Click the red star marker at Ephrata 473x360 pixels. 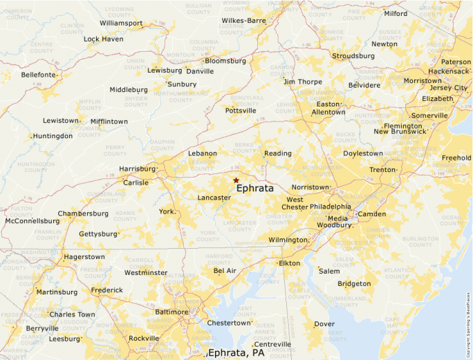coord(236,180)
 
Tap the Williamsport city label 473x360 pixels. coord(120,23)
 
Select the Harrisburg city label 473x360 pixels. coord(137,169)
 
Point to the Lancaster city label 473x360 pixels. coord(214,198)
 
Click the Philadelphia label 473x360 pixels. coord(330,207)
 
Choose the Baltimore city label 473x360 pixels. coord(171,312)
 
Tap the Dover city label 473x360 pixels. coord(324,323)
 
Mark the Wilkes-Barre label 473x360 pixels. coord(243,21)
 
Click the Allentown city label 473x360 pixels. coord(328,112)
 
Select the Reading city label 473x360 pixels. coord(277,153)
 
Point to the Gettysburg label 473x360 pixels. coord(98,234)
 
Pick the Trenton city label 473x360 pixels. coord(382,169)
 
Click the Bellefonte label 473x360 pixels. coord(38,75)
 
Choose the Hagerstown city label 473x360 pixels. coord(84,256)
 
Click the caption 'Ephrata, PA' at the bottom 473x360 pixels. coord(236,353)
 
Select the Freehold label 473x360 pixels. coord(456,158)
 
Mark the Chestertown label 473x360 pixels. coord(229,323)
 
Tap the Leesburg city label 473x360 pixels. coord(64,339)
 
